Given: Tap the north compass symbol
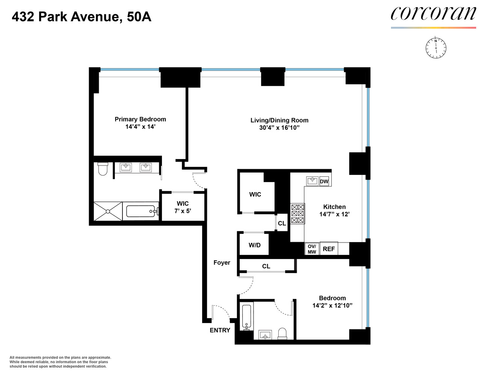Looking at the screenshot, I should [x=436, y=48].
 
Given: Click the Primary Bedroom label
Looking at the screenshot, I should [x=140, y=119].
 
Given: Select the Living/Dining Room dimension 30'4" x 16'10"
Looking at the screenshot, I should [x=279, y=128].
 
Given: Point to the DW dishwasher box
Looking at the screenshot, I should [x=324, y=181].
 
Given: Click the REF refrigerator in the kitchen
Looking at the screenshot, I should [x=329, y=249].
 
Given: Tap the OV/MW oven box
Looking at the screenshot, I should [x=312, y=249].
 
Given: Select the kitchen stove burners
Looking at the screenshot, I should [x=297, y=214].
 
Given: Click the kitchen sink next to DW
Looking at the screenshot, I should [x=312, y=181].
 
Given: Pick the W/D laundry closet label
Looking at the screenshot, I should [x=254, y=245].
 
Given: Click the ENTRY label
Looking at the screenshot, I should [x=220, y=330].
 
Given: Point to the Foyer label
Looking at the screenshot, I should [x=222, y=262].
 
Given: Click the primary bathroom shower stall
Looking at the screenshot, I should [x=108, y=211].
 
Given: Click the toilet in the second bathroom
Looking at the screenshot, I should [x=282, y=333].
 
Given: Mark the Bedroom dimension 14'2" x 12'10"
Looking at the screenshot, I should [x=332, y=305].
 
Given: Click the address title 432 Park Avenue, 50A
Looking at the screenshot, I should [x=82, y=17].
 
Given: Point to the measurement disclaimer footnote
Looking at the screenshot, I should [x=60, y=362].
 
